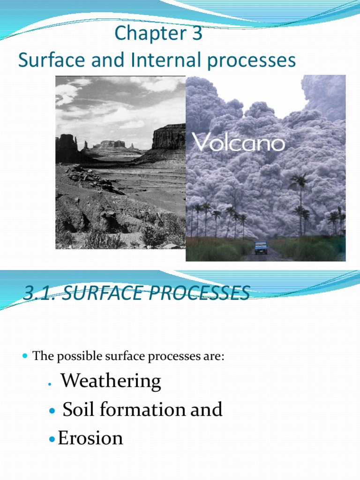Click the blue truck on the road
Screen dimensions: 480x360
[x=261, y=247]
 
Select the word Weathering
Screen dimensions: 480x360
[x=111, y=381]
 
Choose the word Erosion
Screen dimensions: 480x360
[x=90, y=438]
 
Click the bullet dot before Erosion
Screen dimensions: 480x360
[x=52, y=439]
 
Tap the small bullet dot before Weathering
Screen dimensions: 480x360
[x=49, y=384]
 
